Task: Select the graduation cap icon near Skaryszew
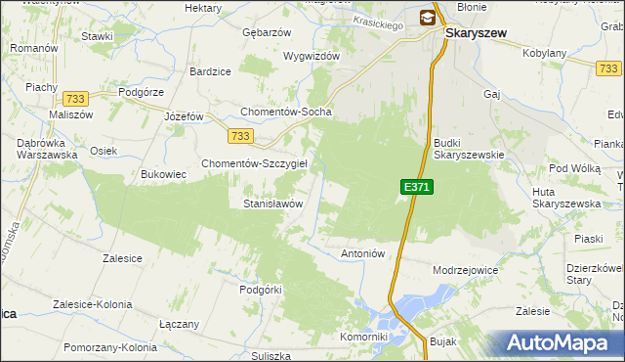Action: point(428,17)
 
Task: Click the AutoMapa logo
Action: point(562,342)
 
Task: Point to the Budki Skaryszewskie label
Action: point(468,148)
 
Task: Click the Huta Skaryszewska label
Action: point(558,198)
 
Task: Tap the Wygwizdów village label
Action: point(311,56)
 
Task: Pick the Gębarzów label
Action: point(267,32)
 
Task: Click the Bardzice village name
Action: point(210,71)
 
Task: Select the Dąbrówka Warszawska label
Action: point(40,148)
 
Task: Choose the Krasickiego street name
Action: point(381,23)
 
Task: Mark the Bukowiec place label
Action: point(163,174)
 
